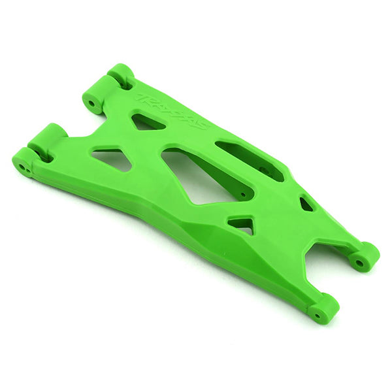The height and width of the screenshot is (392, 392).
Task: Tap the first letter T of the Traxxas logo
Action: click(140, 99)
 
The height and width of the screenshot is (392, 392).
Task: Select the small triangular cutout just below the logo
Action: click(148, 122)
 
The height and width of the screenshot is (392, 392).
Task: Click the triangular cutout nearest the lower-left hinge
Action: click(112, 159)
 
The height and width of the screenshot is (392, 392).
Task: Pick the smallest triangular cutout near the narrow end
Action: click(306, 204)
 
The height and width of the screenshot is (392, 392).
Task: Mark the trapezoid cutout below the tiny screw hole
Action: click(242, 225)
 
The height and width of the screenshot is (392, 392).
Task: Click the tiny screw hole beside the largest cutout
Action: click(242, 195)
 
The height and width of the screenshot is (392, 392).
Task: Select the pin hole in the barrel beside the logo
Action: click(91, 103)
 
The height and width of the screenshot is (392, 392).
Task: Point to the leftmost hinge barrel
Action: click(24, 161)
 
